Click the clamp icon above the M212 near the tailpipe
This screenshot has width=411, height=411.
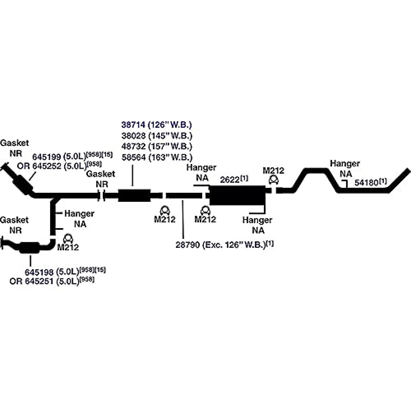[274, 180]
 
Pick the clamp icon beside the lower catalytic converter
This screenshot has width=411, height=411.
[68, 239]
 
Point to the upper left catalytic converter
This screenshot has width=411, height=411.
[23, 181]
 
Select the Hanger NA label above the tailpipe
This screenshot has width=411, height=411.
[344, 169]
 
